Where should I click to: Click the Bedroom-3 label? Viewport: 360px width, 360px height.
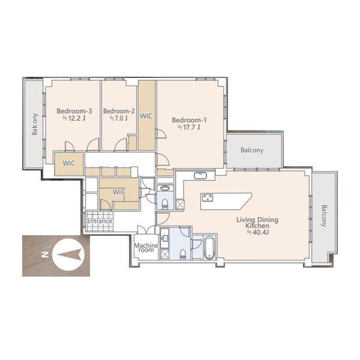74,111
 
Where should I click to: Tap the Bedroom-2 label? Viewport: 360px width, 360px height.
119,111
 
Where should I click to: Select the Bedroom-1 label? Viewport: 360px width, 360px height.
189,120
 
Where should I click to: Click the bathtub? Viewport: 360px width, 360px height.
209,248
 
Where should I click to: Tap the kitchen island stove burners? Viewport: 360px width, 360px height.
208,197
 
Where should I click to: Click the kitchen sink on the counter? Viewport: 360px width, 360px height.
200,176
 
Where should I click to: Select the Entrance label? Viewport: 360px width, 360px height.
100,221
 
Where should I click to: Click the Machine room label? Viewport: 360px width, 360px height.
146,248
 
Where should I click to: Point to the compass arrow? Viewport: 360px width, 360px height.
69,254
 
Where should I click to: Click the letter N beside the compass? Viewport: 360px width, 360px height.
44,254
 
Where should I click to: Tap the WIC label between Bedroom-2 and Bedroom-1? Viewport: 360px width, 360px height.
146,116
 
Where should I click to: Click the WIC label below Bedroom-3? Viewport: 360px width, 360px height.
69,163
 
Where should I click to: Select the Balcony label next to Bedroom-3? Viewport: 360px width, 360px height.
34,124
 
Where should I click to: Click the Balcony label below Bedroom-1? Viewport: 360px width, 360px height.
252,150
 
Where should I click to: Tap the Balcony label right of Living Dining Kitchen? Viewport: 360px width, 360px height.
323,216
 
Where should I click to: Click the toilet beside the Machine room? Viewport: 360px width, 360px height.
183,254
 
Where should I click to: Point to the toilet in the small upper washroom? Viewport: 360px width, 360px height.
165,204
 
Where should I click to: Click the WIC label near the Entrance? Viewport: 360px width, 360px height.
119,192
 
